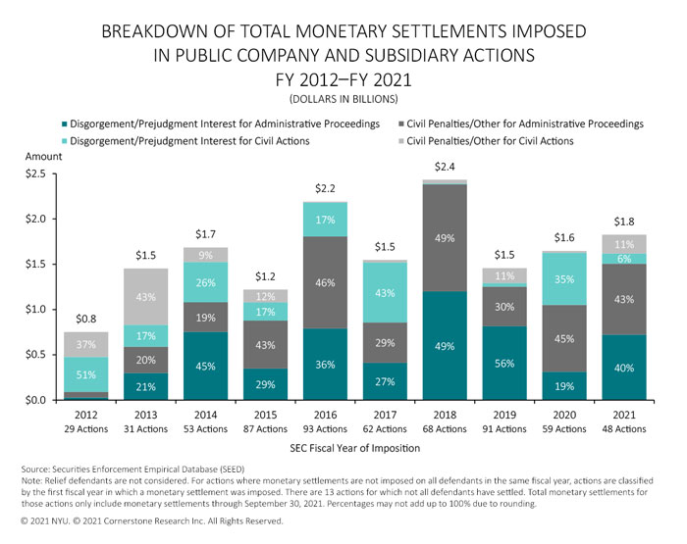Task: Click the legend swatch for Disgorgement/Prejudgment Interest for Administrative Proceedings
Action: click(66, 124)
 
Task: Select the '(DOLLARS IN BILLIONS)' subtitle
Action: click(343, 100)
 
